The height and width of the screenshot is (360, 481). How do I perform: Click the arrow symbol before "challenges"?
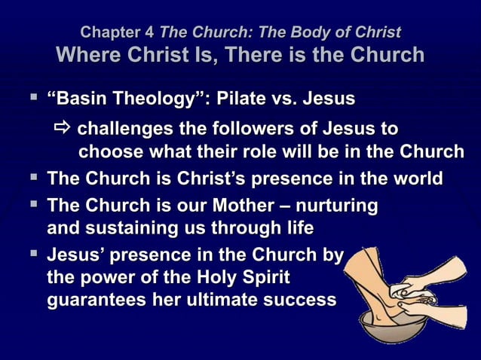66,127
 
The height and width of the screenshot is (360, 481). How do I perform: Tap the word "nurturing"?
339,205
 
